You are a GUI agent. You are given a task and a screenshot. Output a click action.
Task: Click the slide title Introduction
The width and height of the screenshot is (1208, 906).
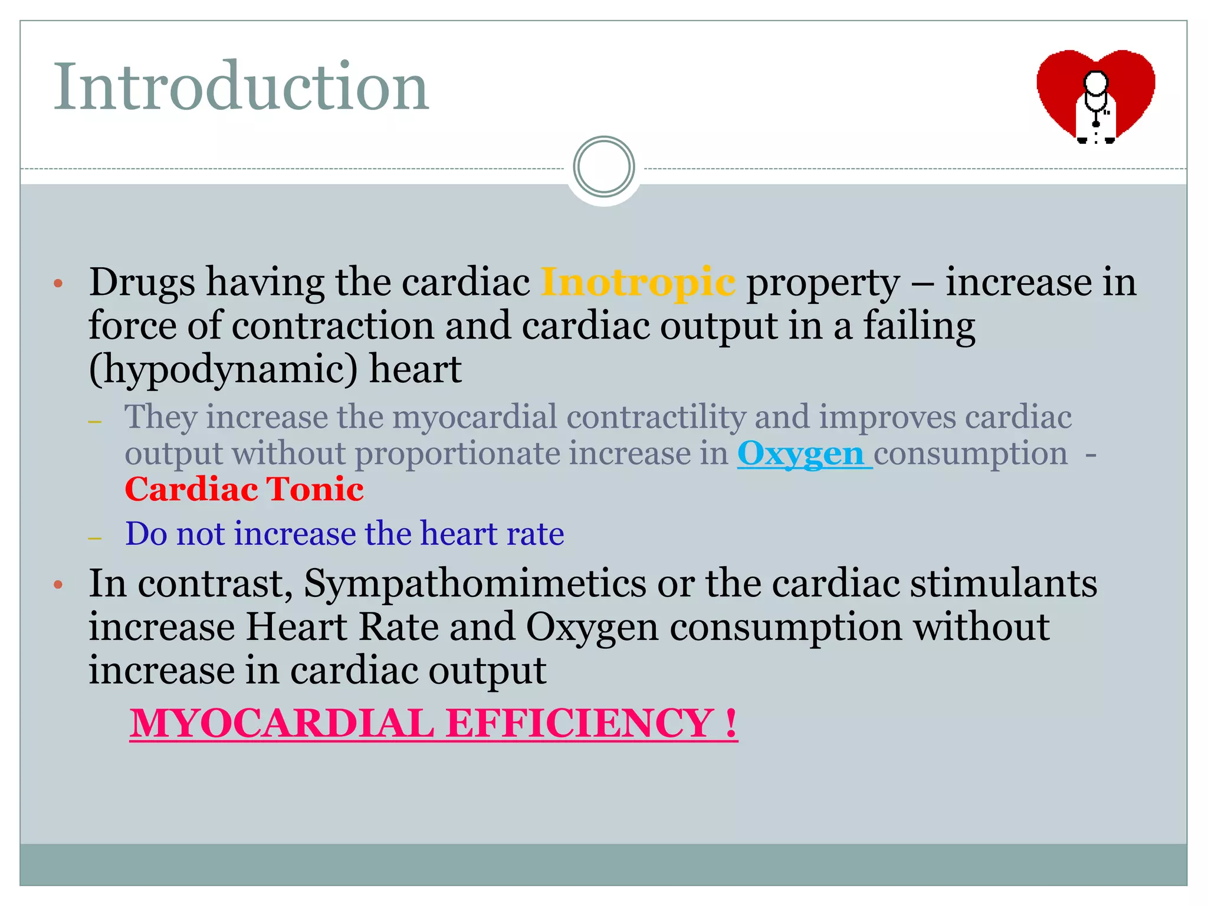[241, 87]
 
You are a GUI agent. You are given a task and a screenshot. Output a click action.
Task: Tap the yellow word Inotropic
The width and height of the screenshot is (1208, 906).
[638, 282]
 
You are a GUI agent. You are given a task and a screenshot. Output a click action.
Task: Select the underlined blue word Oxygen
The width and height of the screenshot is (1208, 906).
[800, 454]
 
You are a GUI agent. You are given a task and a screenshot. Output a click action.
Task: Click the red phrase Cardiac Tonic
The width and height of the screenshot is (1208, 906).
[244, 490]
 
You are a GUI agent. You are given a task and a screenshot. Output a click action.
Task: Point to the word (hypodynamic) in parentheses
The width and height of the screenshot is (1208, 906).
[223, 370]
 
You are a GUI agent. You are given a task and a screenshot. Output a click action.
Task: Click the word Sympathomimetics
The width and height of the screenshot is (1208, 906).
[475, 583]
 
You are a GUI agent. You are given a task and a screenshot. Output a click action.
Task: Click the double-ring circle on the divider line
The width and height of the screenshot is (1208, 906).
[603, 167]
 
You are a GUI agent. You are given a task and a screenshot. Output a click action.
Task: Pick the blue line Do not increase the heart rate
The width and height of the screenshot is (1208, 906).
[344, 534]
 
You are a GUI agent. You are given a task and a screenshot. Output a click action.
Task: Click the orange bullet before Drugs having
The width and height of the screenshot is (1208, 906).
[58, 284]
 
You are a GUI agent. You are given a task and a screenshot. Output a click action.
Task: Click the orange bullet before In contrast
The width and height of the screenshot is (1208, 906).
[58, 585]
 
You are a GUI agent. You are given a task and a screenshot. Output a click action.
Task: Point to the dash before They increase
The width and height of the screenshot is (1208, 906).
[94, 421]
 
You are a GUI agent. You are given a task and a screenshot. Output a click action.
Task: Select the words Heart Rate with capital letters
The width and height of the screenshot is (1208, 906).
[342, 626]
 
